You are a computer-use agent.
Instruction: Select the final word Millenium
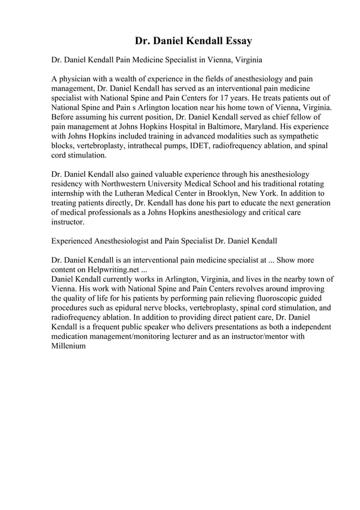point(68,346)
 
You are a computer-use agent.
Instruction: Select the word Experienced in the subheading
point(73,241)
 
